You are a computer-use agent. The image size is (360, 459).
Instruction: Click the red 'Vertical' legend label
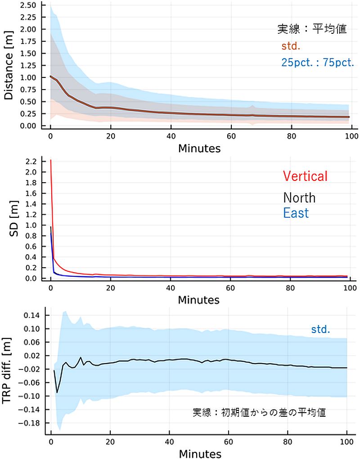(x=305, y=176)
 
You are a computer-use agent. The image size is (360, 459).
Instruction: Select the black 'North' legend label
(x=299, y=198)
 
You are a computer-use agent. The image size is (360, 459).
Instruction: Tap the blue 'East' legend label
(x=296, y=212)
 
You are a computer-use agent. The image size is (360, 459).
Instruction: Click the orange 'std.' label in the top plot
(x=291, y=46)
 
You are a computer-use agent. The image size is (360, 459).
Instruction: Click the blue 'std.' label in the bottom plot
(x=320, y=329)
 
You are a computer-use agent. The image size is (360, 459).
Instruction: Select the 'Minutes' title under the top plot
(x=199, y=148)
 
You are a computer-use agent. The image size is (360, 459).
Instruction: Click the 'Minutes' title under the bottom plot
(x=199, y=453)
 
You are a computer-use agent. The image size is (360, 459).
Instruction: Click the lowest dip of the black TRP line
(x=57, y=392)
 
